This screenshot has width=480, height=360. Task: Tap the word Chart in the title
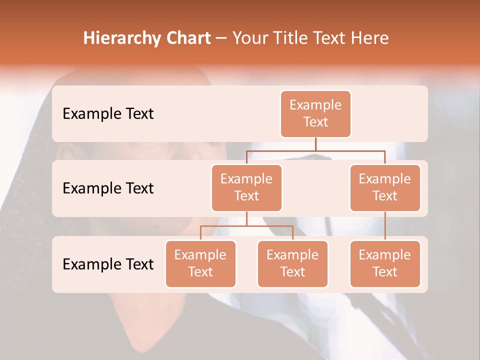[187, 38]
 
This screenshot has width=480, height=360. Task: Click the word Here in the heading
[370, 38]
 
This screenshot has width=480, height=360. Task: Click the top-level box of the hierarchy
[315, 114]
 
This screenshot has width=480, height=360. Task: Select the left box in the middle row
[246, 188]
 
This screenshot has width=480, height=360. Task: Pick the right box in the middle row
[385, 188]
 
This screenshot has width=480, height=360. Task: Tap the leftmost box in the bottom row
[200, 264]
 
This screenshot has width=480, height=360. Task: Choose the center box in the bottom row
[292, 264]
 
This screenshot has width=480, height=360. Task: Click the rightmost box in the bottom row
[385, 264]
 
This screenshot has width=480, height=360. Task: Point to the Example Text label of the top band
[108, 114]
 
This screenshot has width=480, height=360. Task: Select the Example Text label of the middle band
[108, 188]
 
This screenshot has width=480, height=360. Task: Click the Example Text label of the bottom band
[108, 264]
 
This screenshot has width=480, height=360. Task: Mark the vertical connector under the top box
[315, 144]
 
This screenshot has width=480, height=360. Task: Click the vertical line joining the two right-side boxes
[385, 226]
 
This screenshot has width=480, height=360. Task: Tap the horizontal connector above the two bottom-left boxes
[246, 226]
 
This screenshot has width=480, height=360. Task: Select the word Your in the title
[249, 38]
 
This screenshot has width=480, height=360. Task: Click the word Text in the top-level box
[315, 122]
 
